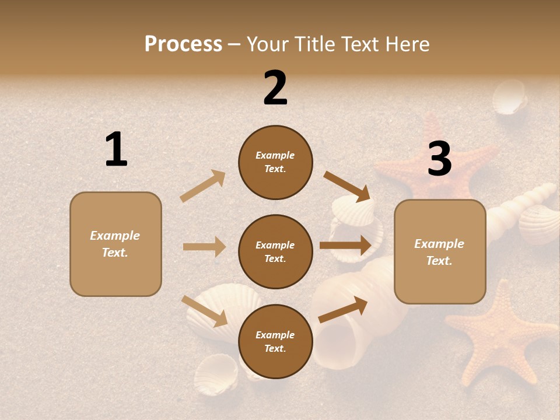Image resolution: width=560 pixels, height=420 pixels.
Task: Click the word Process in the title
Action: click(x=183, y=44)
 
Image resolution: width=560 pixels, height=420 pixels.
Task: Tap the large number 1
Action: click(x=116, y=149)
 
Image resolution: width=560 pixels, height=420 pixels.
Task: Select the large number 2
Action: click(x=275, y=88)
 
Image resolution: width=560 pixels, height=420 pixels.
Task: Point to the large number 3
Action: click(x=439, y=159)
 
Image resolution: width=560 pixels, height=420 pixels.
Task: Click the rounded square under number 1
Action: click(x=116, y=244)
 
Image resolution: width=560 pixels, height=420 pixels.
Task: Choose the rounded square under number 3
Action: click(x=440, y=251)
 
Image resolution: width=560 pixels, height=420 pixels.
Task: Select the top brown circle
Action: click(x=275, y=162)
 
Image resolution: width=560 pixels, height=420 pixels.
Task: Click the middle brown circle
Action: click(x=275, y=251)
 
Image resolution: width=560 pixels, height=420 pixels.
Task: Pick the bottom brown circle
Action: click(x=275, y=341)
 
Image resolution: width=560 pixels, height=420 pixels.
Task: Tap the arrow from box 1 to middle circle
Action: click(x=205, y=247)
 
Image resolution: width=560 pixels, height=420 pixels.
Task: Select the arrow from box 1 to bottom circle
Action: click(x=205, y=310)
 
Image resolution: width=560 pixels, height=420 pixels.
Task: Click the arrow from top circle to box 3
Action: click(x=347, y=186)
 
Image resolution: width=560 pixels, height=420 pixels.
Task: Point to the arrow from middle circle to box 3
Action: click(x=345, y=245)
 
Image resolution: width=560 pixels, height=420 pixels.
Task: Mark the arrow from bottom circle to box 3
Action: click(x=343, y=309)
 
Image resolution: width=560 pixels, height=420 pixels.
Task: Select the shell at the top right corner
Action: click(x=509, y=98)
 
